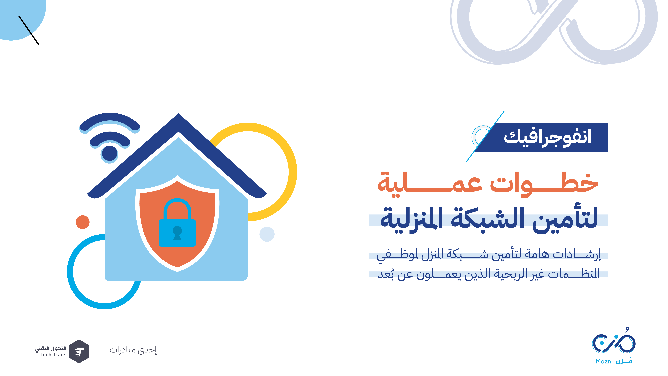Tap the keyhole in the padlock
pos(177,233)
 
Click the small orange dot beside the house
pos(82,222)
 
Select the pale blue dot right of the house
pos(267,234)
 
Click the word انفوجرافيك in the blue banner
pos(547,137)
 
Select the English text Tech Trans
pos(53,355)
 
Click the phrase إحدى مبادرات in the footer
pos(133,350)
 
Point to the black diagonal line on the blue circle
pos(29,30)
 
